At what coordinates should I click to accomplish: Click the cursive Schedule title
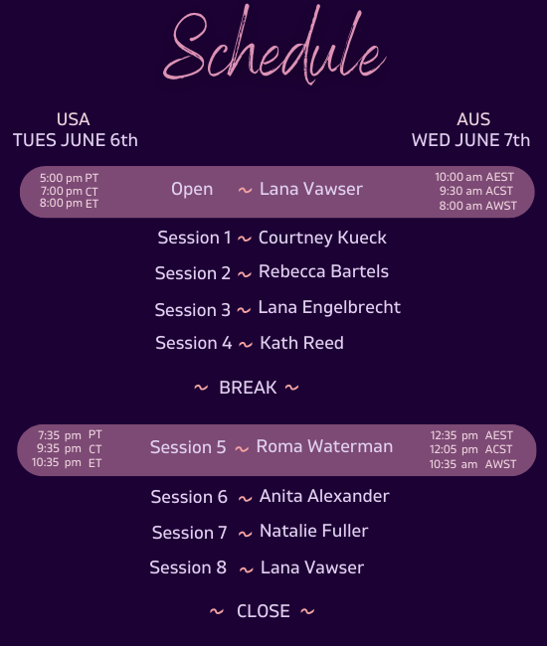pos(274,45)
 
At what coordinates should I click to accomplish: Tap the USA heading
pos(73,119)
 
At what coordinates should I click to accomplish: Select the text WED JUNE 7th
pos(470,140)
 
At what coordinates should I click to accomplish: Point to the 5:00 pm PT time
pos(69,178)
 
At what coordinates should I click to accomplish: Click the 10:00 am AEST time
pos(474,177)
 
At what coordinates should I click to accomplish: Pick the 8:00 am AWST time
pos(477,205)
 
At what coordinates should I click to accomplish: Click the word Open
pos(192,190)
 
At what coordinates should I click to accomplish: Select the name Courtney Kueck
pos(322,238)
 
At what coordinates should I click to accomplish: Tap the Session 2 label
pos(193,273)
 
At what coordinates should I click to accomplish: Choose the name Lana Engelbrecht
pos(329,307)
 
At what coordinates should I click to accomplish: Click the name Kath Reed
pos(301,343)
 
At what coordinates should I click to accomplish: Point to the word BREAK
pos(248,388)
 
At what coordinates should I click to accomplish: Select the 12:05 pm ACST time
pos(470,449)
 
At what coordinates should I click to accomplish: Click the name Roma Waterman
pos(324,446)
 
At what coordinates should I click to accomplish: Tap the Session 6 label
pos(189,497)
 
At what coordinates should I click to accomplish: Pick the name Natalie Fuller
pos(313,531)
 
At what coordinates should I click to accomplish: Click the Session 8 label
pos(188,567)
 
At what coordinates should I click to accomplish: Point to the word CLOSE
pos(263,611)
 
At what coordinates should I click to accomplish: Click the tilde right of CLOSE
pos(307,611)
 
